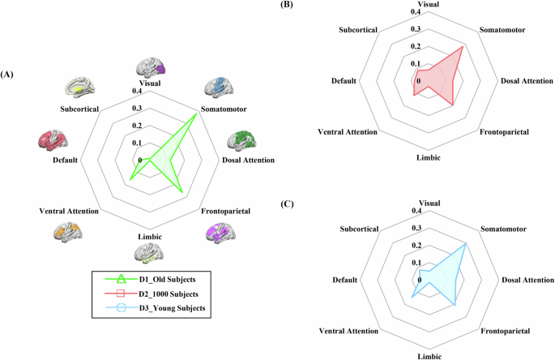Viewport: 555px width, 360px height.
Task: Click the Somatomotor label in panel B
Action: pos(503,30)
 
